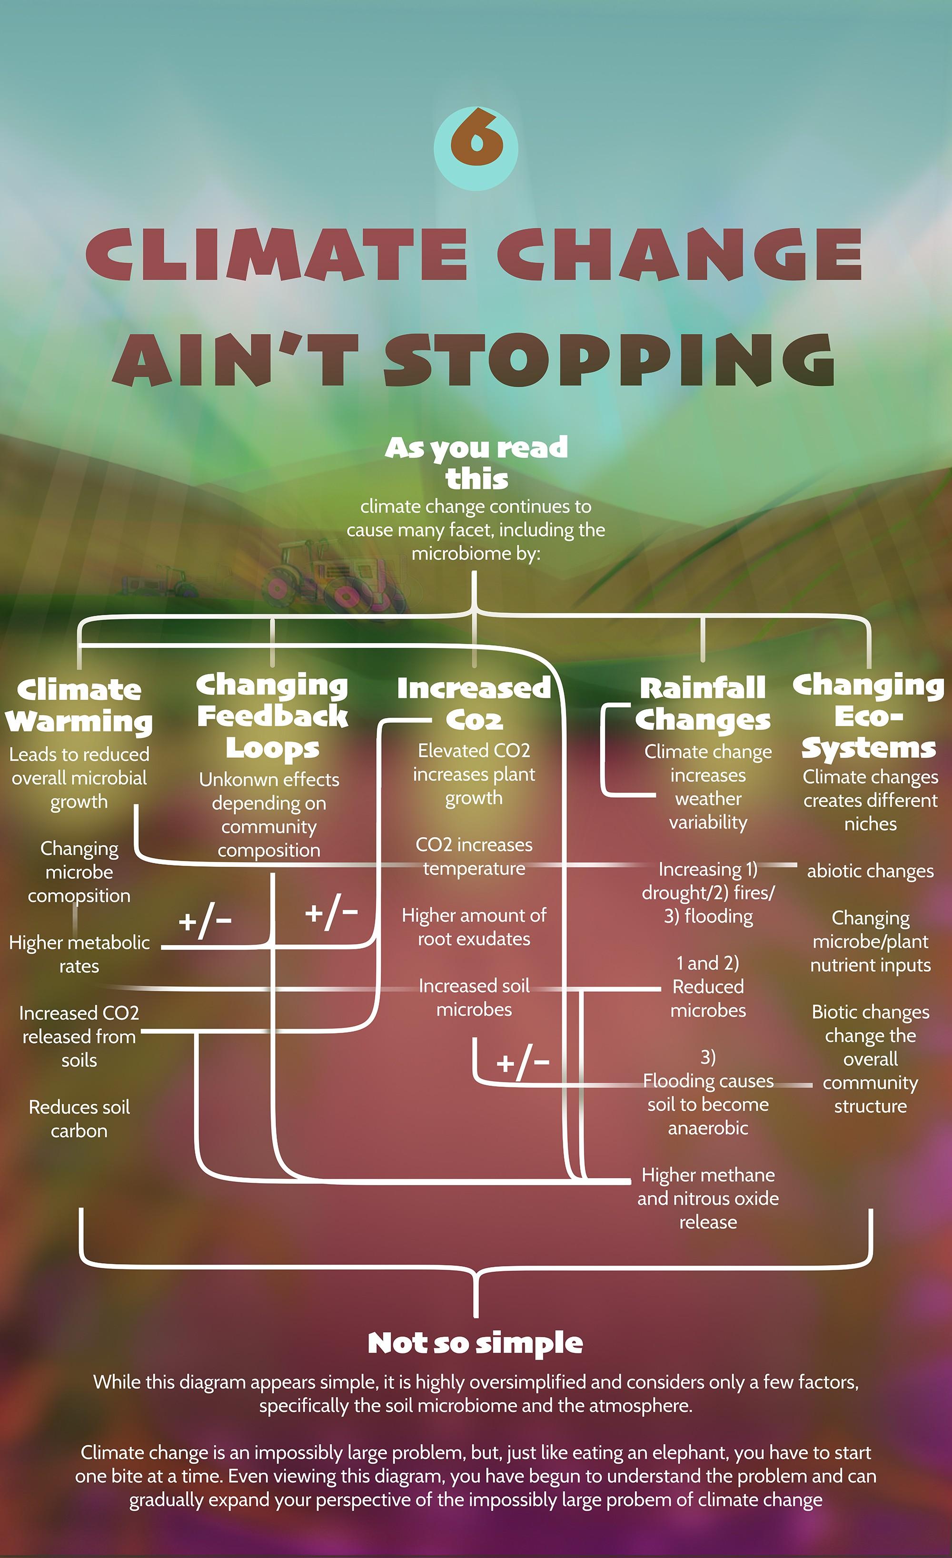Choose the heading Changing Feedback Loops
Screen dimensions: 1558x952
[272, 716]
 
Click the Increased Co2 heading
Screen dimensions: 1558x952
[474, 703]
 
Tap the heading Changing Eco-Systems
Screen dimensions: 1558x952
[869, 716]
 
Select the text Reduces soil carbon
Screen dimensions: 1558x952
[79, 1118]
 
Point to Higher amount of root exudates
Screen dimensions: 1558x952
[474, 927]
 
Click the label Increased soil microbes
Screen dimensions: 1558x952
[474, 997]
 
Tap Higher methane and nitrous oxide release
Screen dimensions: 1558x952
[708, 1198]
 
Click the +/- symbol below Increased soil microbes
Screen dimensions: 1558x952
[523, 1064]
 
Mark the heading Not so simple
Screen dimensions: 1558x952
[475, 1343]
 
